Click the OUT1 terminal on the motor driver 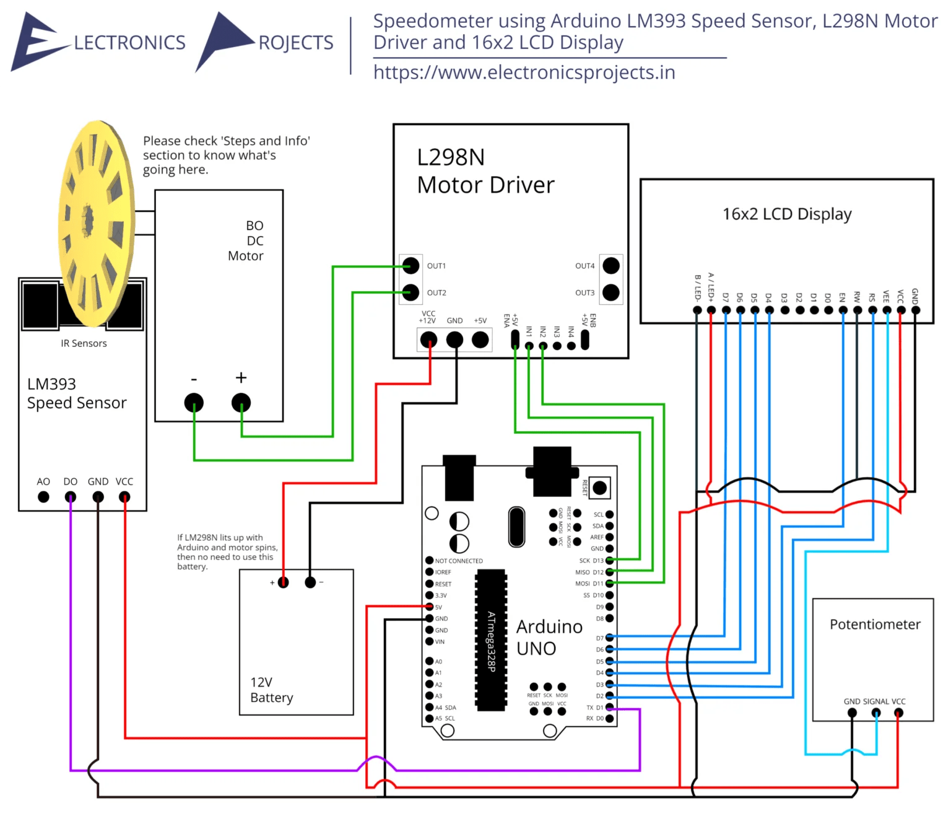tap(410, 266)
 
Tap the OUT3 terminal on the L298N tap(611, 292)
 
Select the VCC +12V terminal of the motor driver tap(428, 340)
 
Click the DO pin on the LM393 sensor tap(71, 497)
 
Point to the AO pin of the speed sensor tap(43, 497)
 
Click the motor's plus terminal tap(241, 403)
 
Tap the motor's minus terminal tap(194, 403)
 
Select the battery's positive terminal tap(283, 582)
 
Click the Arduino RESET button tap(599, 488)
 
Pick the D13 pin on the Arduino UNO tap(609, 561)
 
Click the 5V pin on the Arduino tap(429, 607)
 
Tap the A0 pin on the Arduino tap(429, 661)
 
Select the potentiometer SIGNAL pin tap(875, 713)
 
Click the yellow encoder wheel tap(96, 223)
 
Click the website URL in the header tap(524, 72)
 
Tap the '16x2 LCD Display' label tap(787, 214)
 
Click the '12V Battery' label tap(271, 690)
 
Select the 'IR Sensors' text tap(84, 343)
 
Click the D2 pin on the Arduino tap(609, 696)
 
